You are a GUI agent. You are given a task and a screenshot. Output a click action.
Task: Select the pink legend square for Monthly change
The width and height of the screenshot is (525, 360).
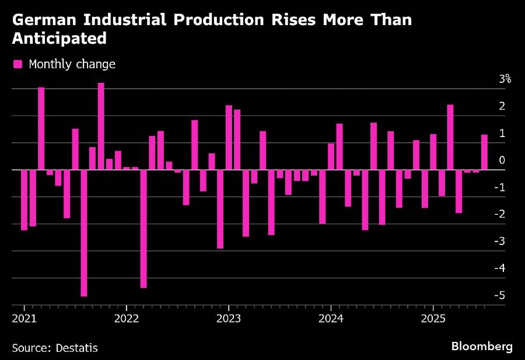tap(18, 64)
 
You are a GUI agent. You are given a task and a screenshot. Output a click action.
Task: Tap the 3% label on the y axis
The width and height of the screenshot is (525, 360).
tap(505, 79)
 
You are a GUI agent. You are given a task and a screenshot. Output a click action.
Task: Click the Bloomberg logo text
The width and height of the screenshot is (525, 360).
tap(482, 347)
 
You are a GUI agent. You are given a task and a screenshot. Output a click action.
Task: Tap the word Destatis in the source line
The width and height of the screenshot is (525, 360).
tap(77, 348)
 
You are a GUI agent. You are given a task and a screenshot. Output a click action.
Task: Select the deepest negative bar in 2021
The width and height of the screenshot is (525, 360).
tap(83, 233)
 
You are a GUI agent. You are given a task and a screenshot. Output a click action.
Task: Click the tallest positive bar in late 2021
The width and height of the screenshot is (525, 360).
tap(101, 126)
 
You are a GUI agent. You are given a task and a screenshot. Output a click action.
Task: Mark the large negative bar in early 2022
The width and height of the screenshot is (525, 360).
tap(143, 229)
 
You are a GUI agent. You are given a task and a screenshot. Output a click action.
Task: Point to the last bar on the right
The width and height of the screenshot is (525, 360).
tap(484, 152)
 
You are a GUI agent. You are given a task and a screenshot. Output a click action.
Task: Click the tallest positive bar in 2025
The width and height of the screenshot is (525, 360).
tap(450, 137)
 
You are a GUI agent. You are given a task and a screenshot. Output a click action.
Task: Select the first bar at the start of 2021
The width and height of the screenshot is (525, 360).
tap(24, 200)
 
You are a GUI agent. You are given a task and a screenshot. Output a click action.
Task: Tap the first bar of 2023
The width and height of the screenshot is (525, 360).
tap(229, 138)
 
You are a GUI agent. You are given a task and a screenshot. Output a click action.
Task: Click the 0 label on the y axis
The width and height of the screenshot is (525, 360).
tap(502, 160)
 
